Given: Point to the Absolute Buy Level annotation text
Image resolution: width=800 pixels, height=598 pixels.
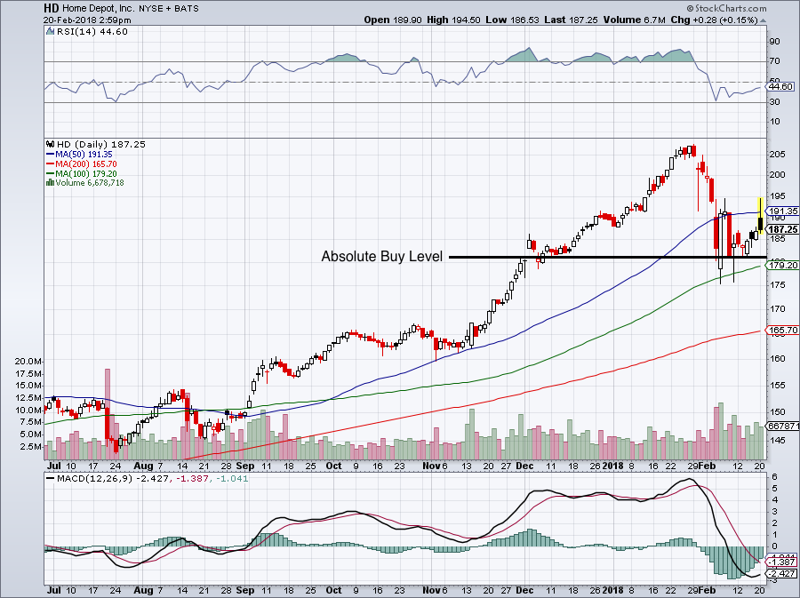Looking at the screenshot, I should tap(381, 257).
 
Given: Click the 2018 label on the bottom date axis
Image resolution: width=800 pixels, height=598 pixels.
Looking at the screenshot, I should tap(612, 466).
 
